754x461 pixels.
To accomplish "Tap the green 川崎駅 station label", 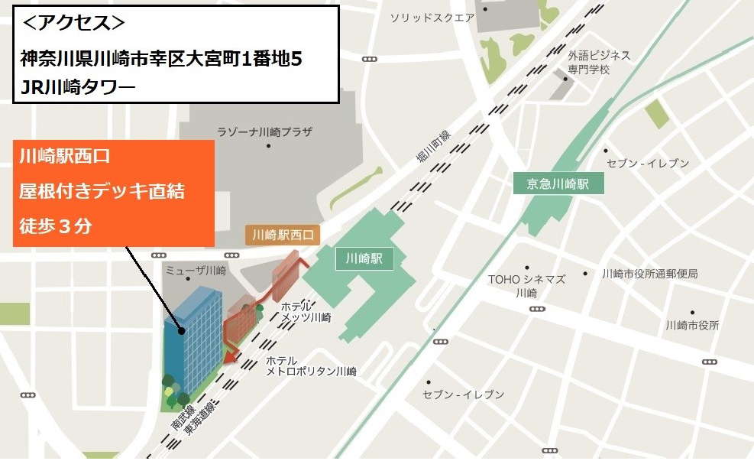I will (364, 258).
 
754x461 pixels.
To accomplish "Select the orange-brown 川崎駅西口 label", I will (283, 235).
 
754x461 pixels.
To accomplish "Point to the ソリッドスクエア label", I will (432, 18).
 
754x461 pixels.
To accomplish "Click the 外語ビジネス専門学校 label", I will (599, 62).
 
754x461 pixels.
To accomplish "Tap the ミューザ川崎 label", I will (196, 271).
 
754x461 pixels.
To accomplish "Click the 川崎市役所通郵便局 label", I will (649, 274).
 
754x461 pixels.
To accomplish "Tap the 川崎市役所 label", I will (692, 326).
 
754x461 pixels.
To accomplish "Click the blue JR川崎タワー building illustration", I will (193, 336).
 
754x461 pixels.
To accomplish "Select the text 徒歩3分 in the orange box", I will (56, 226).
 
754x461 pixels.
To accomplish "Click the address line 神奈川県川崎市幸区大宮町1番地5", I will (166, 59).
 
